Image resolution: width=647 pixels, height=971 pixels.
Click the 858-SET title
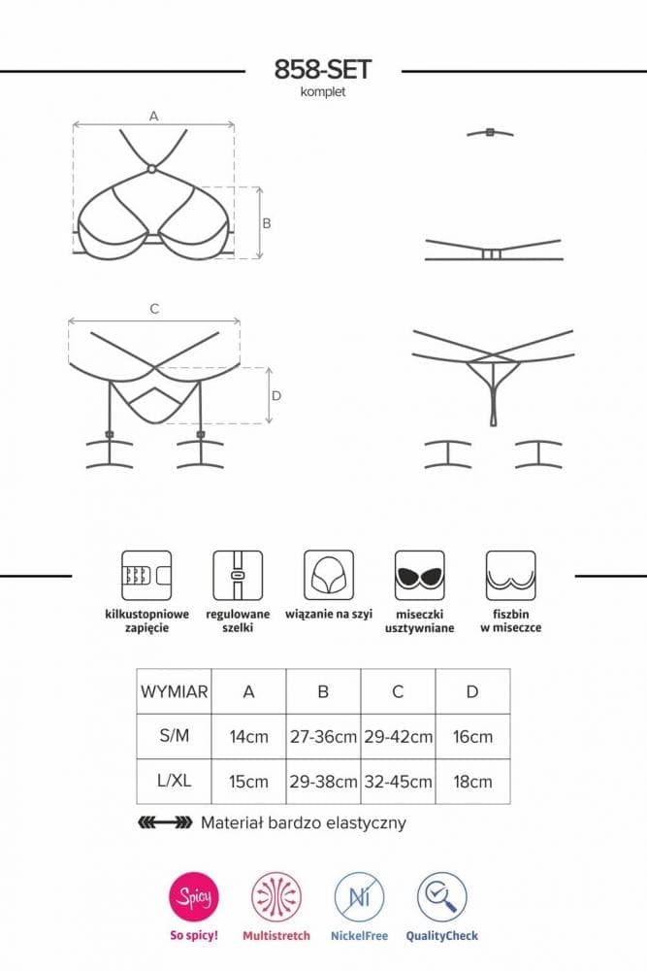pyautogui.click(x=323, y=69)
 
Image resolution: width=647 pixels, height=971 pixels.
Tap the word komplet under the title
pyautogui.click(x=323, y=92)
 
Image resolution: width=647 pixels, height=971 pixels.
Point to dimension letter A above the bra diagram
pyautogui.click(x=154, y=116)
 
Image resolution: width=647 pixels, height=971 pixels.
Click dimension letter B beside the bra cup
pyautogui.click(x=267, y=223)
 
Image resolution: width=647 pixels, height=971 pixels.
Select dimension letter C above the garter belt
pyautogui.click(x=154, y=309)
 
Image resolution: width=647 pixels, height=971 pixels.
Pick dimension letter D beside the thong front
pyautogui.click(x=276, y=396)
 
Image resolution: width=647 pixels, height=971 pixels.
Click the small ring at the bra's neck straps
pyautogui.click(x=151, y=168)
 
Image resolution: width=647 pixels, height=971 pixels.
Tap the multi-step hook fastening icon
pyautogui.click(x=146, y=575)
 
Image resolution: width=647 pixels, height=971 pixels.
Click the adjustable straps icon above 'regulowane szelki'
pyautogui.click(x=238, y=575)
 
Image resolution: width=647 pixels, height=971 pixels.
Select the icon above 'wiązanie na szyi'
pyautogui.click(x=329, y=575)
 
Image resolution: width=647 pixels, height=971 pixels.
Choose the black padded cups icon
pyautogui.click(x=420, y=575)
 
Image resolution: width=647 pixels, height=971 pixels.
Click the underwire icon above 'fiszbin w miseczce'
pyautogui.click(x=511, y=575)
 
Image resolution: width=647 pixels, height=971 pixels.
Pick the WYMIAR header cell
pyautogui.click(x=174, y=691)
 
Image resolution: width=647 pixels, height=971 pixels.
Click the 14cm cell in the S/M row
pyautogui.click(x=248, y=737)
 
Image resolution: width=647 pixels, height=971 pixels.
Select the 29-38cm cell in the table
pyautogui.click(x=324, y=782)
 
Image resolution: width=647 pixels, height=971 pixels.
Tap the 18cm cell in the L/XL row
pyautogui.click(x=472, y=782)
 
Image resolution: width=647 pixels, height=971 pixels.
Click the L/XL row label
pyautogui.click(x=174, y=781)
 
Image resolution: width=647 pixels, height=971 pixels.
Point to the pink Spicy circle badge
pyautogui.click(x=194, y=896)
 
